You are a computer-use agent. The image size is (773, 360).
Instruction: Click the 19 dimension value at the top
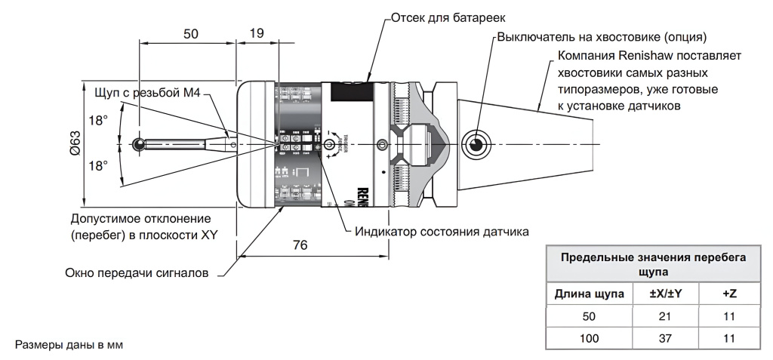coord(256,33)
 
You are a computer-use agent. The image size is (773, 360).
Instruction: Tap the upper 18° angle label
coord(98,120)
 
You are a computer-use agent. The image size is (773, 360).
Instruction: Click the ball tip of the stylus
coord(139,143)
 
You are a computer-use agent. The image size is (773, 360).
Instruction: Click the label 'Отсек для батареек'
coord(442,16)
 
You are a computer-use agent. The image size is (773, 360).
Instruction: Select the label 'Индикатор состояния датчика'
coord(442,231)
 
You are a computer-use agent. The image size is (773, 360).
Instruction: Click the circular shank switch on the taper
coord(476,143)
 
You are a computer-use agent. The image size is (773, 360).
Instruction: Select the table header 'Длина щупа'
coord(590,293)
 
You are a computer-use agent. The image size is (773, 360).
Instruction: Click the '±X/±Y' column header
coord(664,293)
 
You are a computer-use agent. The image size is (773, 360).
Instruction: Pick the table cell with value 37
coord(664,338)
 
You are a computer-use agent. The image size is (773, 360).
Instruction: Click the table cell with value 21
coord(664,316)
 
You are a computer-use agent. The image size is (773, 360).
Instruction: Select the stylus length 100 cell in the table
coord(590,338)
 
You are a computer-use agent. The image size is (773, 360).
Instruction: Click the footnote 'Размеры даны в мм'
coord(69,345)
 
